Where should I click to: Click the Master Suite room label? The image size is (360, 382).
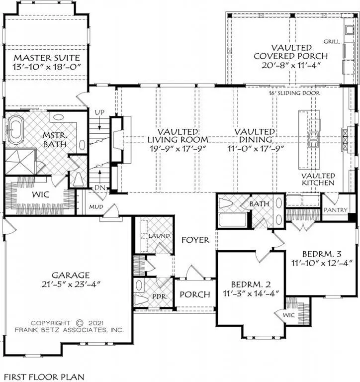(x=47, y=58)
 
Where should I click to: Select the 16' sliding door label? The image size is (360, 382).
(x=294, y=93)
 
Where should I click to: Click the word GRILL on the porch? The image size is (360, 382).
(x=332, y=42)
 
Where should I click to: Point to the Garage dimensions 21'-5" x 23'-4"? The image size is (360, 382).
(x=71, y=285)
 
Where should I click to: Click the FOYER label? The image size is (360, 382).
(x=195, y=240)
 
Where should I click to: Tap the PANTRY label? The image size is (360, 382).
(x=336, y=210)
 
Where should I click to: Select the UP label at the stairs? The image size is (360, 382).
(x=99, y=112)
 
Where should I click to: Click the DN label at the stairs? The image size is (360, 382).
(x=99, y=188)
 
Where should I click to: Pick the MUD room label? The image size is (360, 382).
(x=96, y=207)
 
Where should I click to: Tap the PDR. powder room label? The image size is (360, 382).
(x=160, y=297)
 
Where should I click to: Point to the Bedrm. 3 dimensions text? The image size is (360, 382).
(x=322, y=263)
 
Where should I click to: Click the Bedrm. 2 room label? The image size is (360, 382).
(x=251, y=285)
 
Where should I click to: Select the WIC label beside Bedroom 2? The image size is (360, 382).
(x=288, y=315)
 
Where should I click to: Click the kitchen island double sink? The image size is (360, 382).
(x=313, y=140)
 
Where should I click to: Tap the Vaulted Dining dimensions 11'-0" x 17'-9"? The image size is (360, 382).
(x=256, y=148)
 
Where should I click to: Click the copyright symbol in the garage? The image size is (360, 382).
(x=80, y=323)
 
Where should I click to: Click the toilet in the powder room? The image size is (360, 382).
(x=142, y=299)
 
